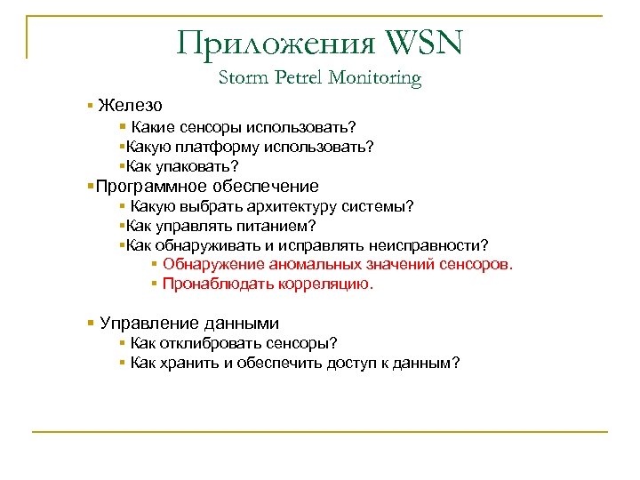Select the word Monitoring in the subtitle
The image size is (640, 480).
click(374, 79)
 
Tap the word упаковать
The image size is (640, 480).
click(196, 166)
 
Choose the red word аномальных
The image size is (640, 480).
click(316, 265)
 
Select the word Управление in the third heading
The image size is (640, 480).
click(142, 324)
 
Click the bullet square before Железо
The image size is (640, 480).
click(91, 106)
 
